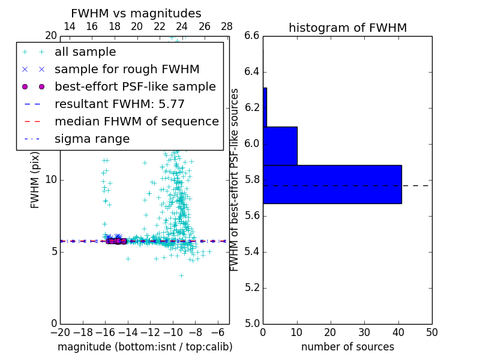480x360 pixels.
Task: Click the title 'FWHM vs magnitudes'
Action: pos(136,14)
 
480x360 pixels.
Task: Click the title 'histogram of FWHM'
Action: pos(347,28)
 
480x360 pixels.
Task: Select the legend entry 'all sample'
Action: pos(85,52)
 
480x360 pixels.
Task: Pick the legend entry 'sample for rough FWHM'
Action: pos(127,69)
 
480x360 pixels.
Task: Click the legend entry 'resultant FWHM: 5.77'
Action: pos(119,104)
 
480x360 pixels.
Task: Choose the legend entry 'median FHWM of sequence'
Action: pos(136,121)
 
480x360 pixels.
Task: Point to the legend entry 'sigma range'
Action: pos(92,139)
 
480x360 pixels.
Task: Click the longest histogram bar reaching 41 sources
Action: pos(332,184)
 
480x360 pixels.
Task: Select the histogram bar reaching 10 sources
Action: pos(280,146)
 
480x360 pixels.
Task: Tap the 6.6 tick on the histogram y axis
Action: pos(252,36)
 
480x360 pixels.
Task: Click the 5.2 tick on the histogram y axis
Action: pos(252,287)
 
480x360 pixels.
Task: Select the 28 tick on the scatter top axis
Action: pos(227,26)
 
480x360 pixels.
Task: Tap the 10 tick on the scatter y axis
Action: pos(50,179)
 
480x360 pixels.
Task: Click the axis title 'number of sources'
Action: pos(347,347)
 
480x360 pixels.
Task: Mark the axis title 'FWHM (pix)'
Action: pos(35,186)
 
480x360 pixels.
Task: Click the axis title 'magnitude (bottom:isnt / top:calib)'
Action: pos(145,347)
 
